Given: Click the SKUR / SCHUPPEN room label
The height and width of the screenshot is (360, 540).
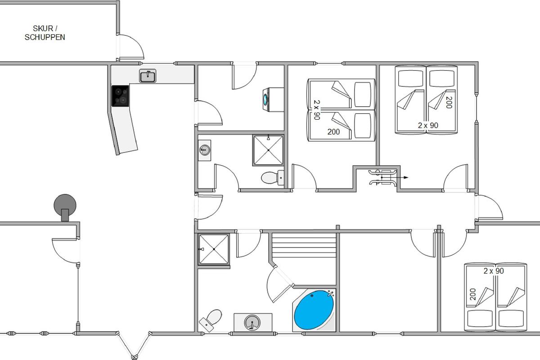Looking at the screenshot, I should click(45, 33).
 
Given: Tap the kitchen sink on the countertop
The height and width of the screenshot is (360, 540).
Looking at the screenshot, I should click(148, 76).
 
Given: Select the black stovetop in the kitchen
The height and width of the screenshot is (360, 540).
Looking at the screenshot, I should click(121, 96).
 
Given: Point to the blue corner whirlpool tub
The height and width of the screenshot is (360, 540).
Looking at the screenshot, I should click(314, 310).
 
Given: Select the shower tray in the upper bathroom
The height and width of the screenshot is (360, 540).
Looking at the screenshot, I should click(268, 150).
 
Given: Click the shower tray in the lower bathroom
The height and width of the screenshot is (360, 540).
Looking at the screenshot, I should click(214, 249).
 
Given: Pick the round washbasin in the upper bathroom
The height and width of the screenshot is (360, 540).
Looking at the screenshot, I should click(205, 148).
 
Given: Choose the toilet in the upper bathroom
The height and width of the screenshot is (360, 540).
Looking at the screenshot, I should click(271, 178).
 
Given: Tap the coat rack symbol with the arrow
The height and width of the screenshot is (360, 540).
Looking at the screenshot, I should click(382, 177).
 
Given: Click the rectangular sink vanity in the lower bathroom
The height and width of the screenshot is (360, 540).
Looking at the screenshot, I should click(252, 322).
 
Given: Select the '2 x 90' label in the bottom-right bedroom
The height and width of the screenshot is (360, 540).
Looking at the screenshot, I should click(494, 271).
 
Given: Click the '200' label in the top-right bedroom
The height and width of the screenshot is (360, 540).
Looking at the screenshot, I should click(448, 103).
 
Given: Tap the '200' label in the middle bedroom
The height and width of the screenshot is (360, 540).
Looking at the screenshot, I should click(333, 132).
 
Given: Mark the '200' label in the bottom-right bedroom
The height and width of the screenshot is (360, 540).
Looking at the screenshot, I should click(472, 295).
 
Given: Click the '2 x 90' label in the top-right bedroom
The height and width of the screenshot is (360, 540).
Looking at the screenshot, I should click(428, 126).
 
